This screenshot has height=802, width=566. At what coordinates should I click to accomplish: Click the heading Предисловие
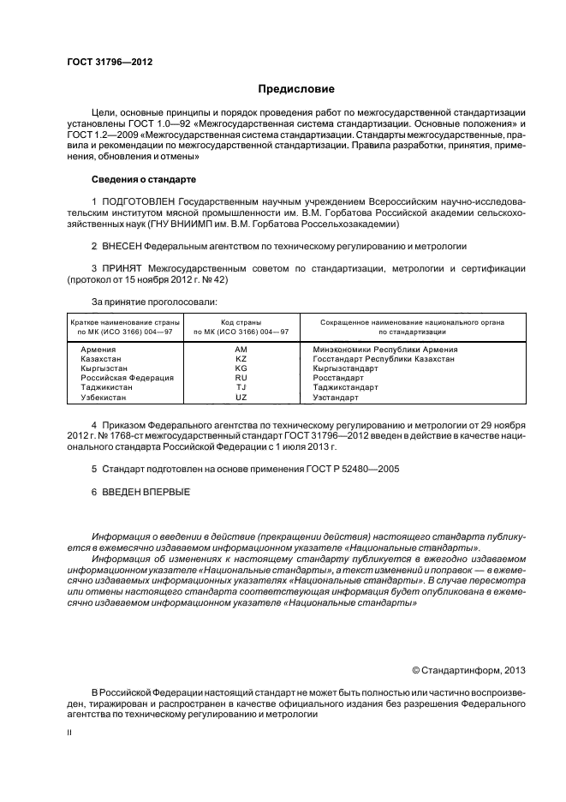[296, 89]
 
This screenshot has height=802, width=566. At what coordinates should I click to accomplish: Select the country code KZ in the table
[241, 358]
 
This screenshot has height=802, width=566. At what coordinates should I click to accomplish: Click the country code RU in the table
[241, 376]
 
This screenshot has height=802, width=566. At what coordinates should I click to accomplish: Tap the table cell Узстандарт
[335, 398]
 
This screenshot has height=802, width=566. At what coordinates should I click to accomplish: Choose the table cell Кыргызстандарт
[345, 368]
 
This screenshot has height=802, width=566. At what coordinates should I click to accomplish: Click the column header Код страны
[241, 321]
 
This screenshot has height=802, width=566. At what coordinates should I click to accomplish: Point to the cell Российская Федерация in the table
[127, 377]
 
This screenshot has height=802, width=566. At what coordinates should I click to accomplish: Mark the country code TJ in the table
[241, 387]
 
